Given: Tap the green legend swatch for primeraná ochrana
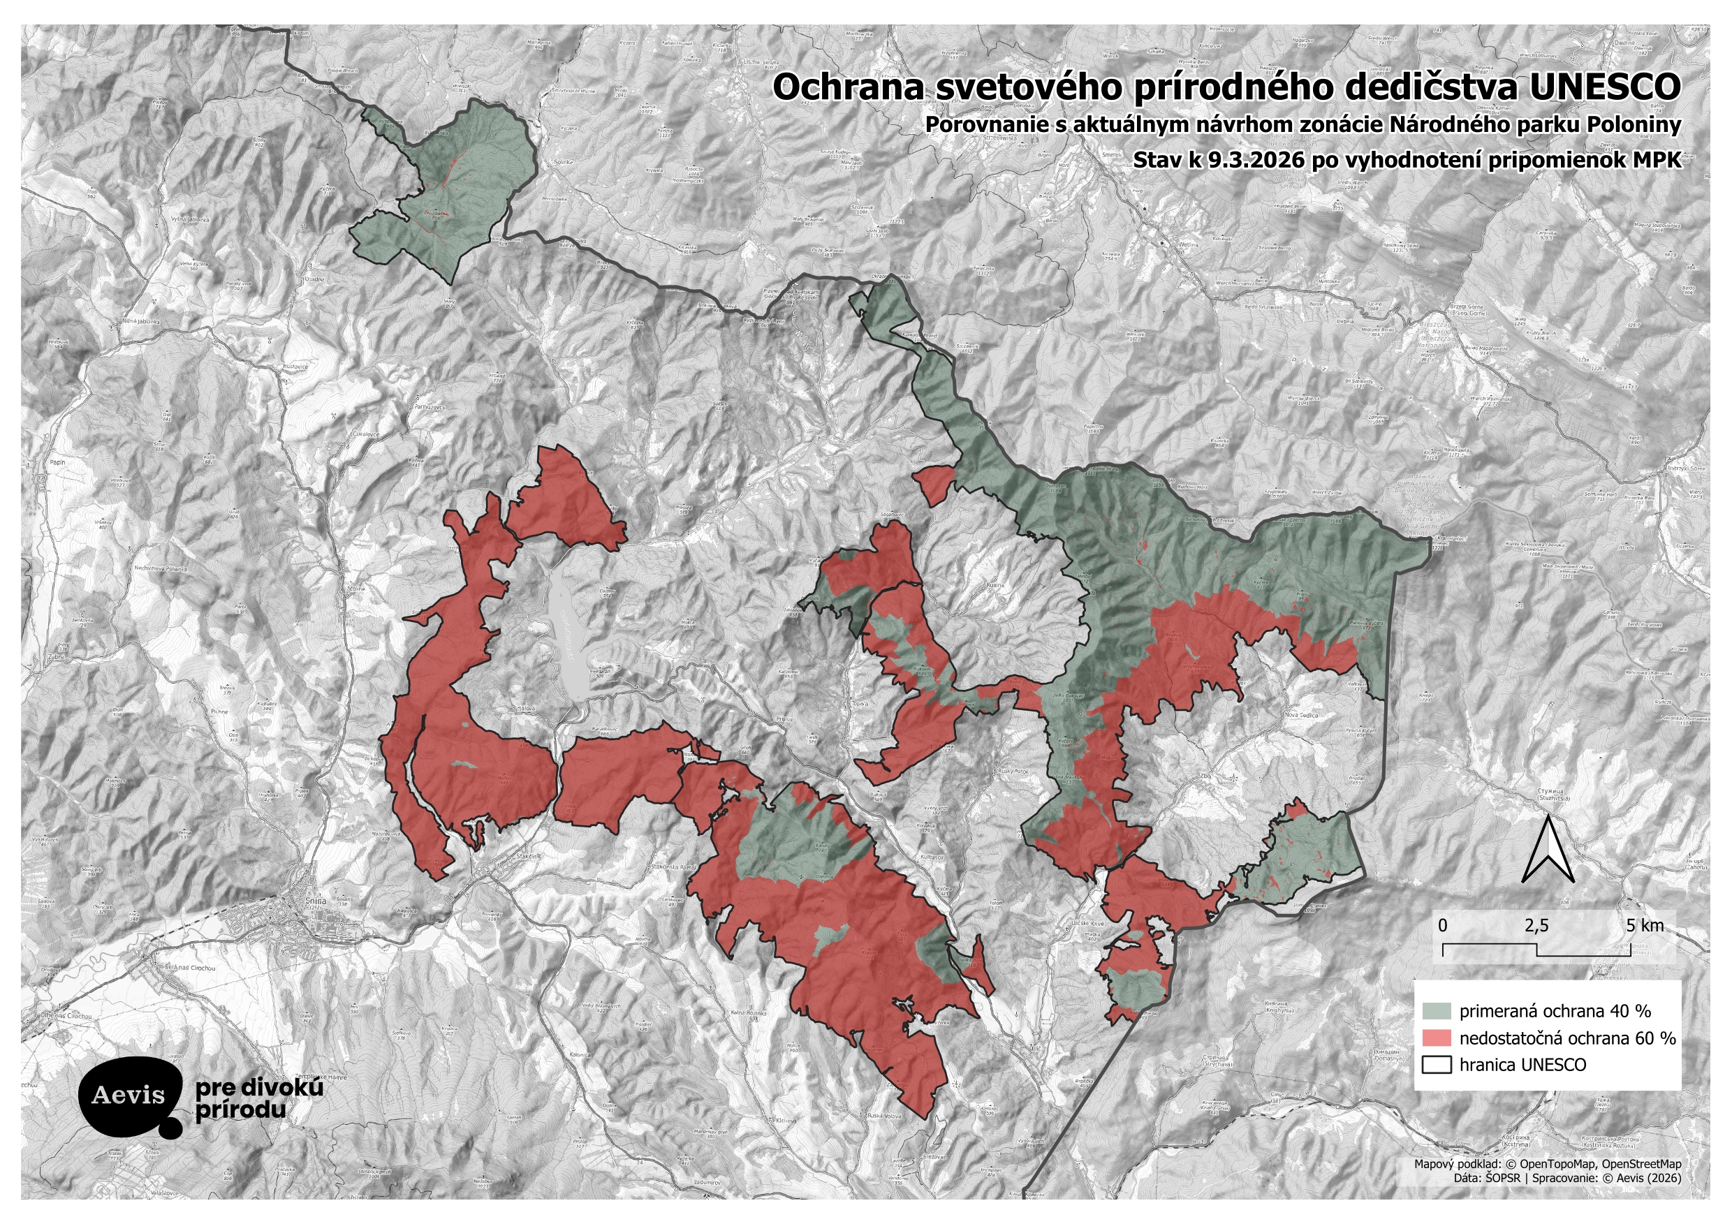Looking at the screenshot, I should pos(1437,1010).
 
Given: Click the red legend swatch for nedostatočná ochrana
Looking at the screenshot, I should pos(1437,1038).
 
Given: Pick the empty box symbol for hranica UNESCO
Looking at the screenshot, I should pos(1437,1065).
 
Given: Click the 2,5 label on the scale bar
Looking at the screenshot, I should pos(1536,925).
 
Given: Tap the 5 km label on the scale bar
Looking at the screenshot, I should pos(1645,925).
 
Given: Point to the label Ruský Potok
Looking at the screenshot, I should pos(1013,772).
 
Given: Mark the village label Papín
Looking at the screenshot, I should pos(57,462).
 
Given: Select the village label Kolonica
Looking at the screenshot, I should pos(580,1054).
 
